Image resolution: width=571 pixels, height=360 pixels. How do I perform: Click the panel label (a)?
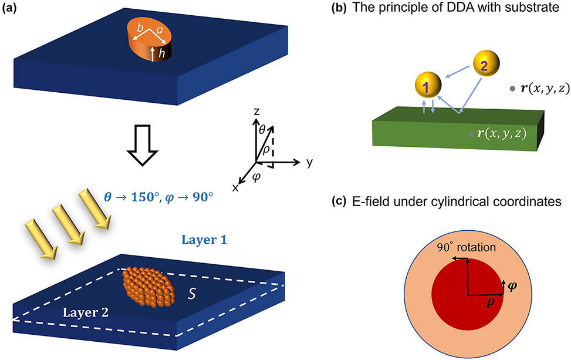pyautogui.click(x=13, y=8)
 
